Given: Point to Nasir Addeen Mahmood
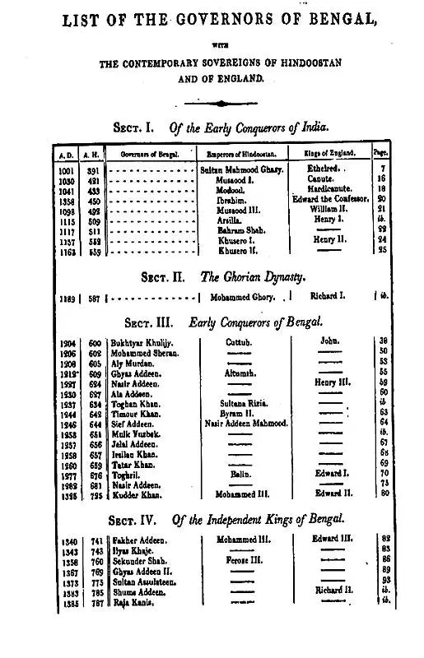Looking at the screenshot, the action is (244, 424).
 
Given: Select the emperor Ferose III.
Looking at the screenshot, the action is (242, 558).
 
